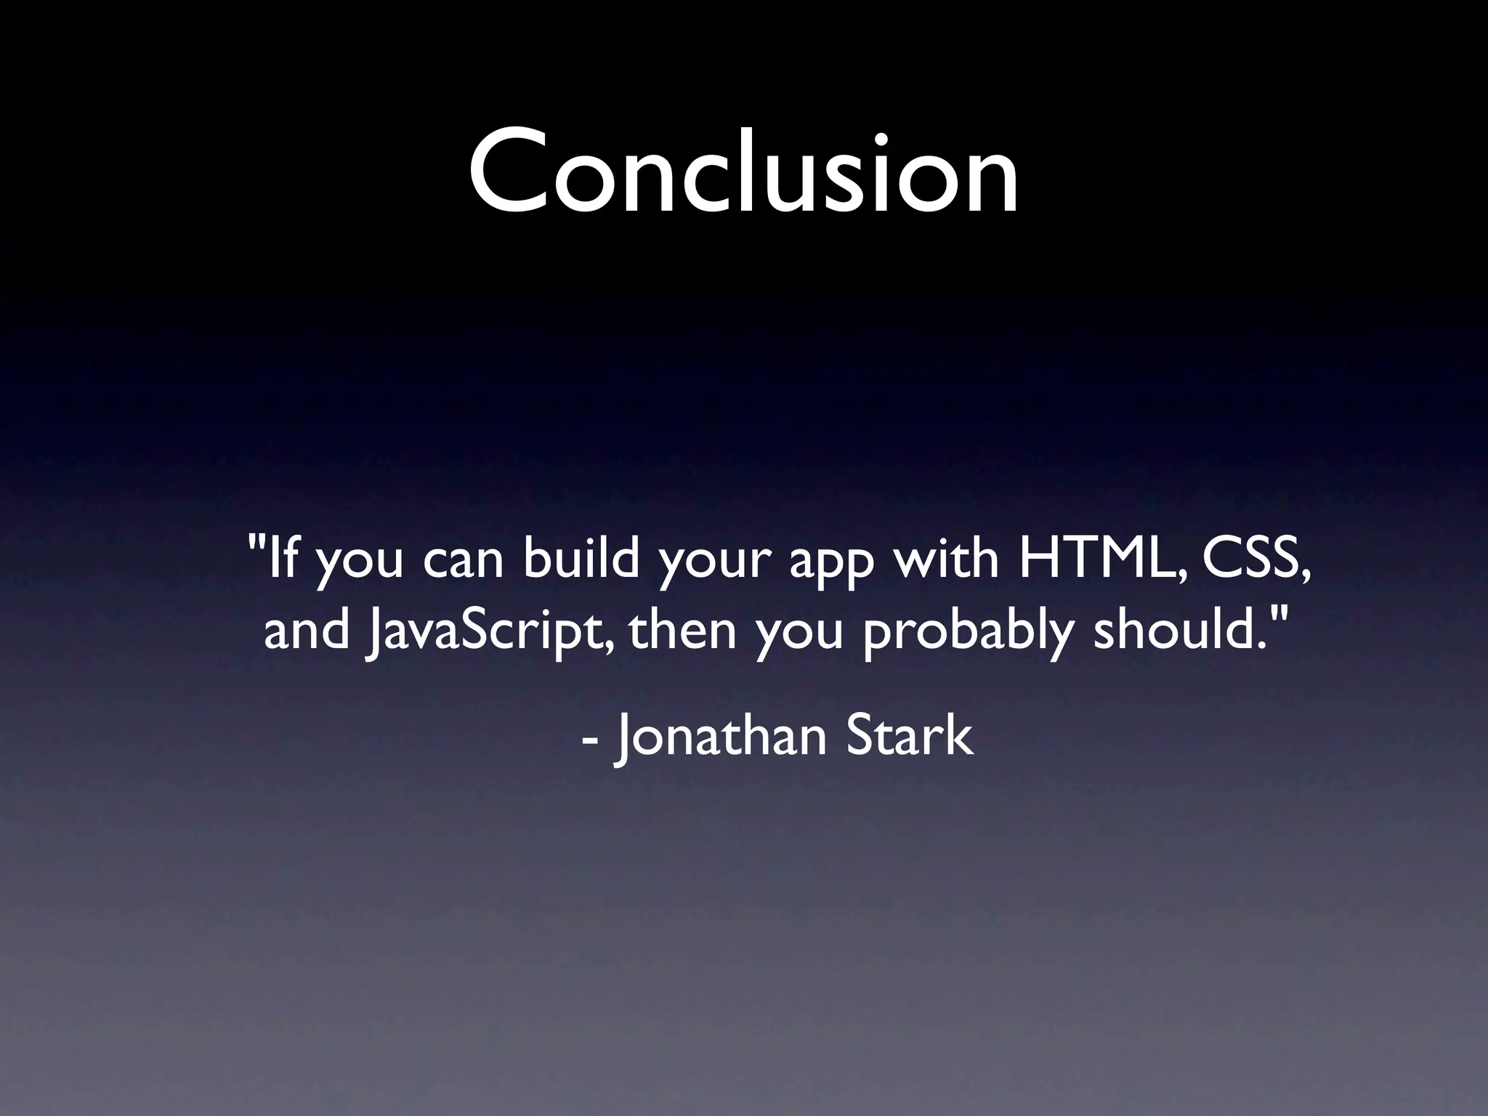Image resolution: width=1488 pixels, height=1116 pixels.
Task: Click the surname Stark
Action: pyautogui.click(x=908, y=735)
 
